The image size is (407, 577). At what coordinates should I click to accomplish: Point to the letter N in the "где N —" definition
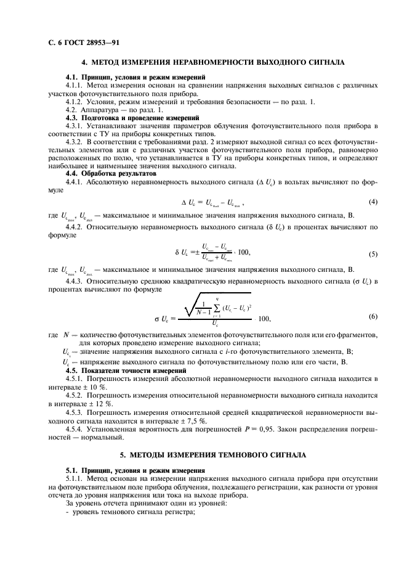point(66,335)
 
